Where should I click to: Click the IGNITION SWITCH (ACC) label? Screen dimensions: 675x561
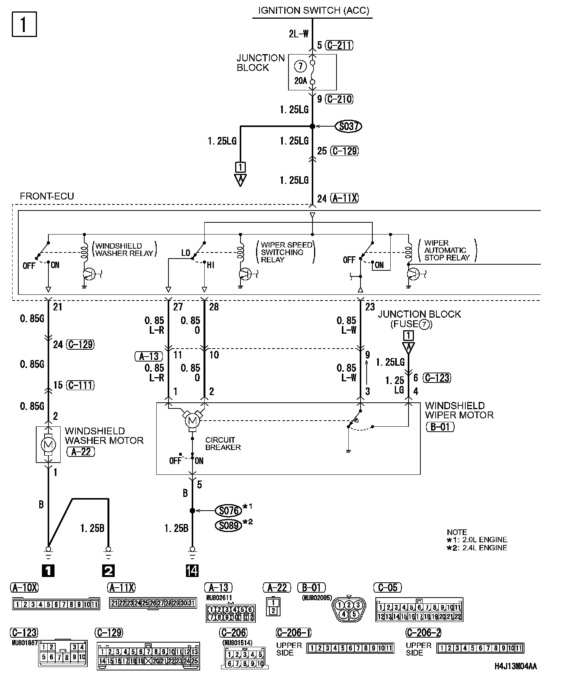coord(313,11)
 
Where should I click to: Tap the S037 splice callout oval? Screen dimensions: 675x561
coord(348,126)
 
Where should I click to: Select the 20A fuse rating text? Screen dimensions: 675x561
coord(300,80)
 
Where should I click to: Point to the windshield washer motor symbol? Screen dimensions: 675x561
coord(48,444)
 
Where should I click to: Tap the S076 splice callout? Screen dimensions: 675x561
coord(228,511)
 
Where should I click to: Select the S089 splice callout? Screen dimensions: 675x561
coord(228,526)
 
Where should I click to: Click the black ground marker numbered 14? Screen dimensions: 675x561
coord(192,571)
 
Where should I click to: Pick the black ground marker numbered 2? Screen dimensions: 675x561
coord(108,571)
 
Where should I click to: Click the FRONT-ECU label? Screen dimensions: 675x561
coord(47,196)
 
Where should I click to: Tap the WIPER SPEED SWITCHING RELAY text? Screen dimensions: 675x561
coord(287,252)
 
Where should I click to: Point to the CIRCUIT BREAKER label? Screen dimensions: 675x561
coord(223,444)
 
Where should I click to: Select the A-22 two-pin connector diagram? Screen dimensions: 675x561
coord(273,606)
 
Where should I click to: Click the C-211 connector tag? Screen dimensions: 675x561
coord(340,45)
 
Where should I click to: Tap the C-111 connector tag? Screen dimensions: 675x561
coord(80,385)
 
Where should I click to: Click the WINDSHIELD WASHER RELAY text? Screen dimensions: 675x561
coord(124,249)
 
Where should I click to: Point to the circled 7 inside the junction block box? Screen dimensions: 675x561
coord(300,66)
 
